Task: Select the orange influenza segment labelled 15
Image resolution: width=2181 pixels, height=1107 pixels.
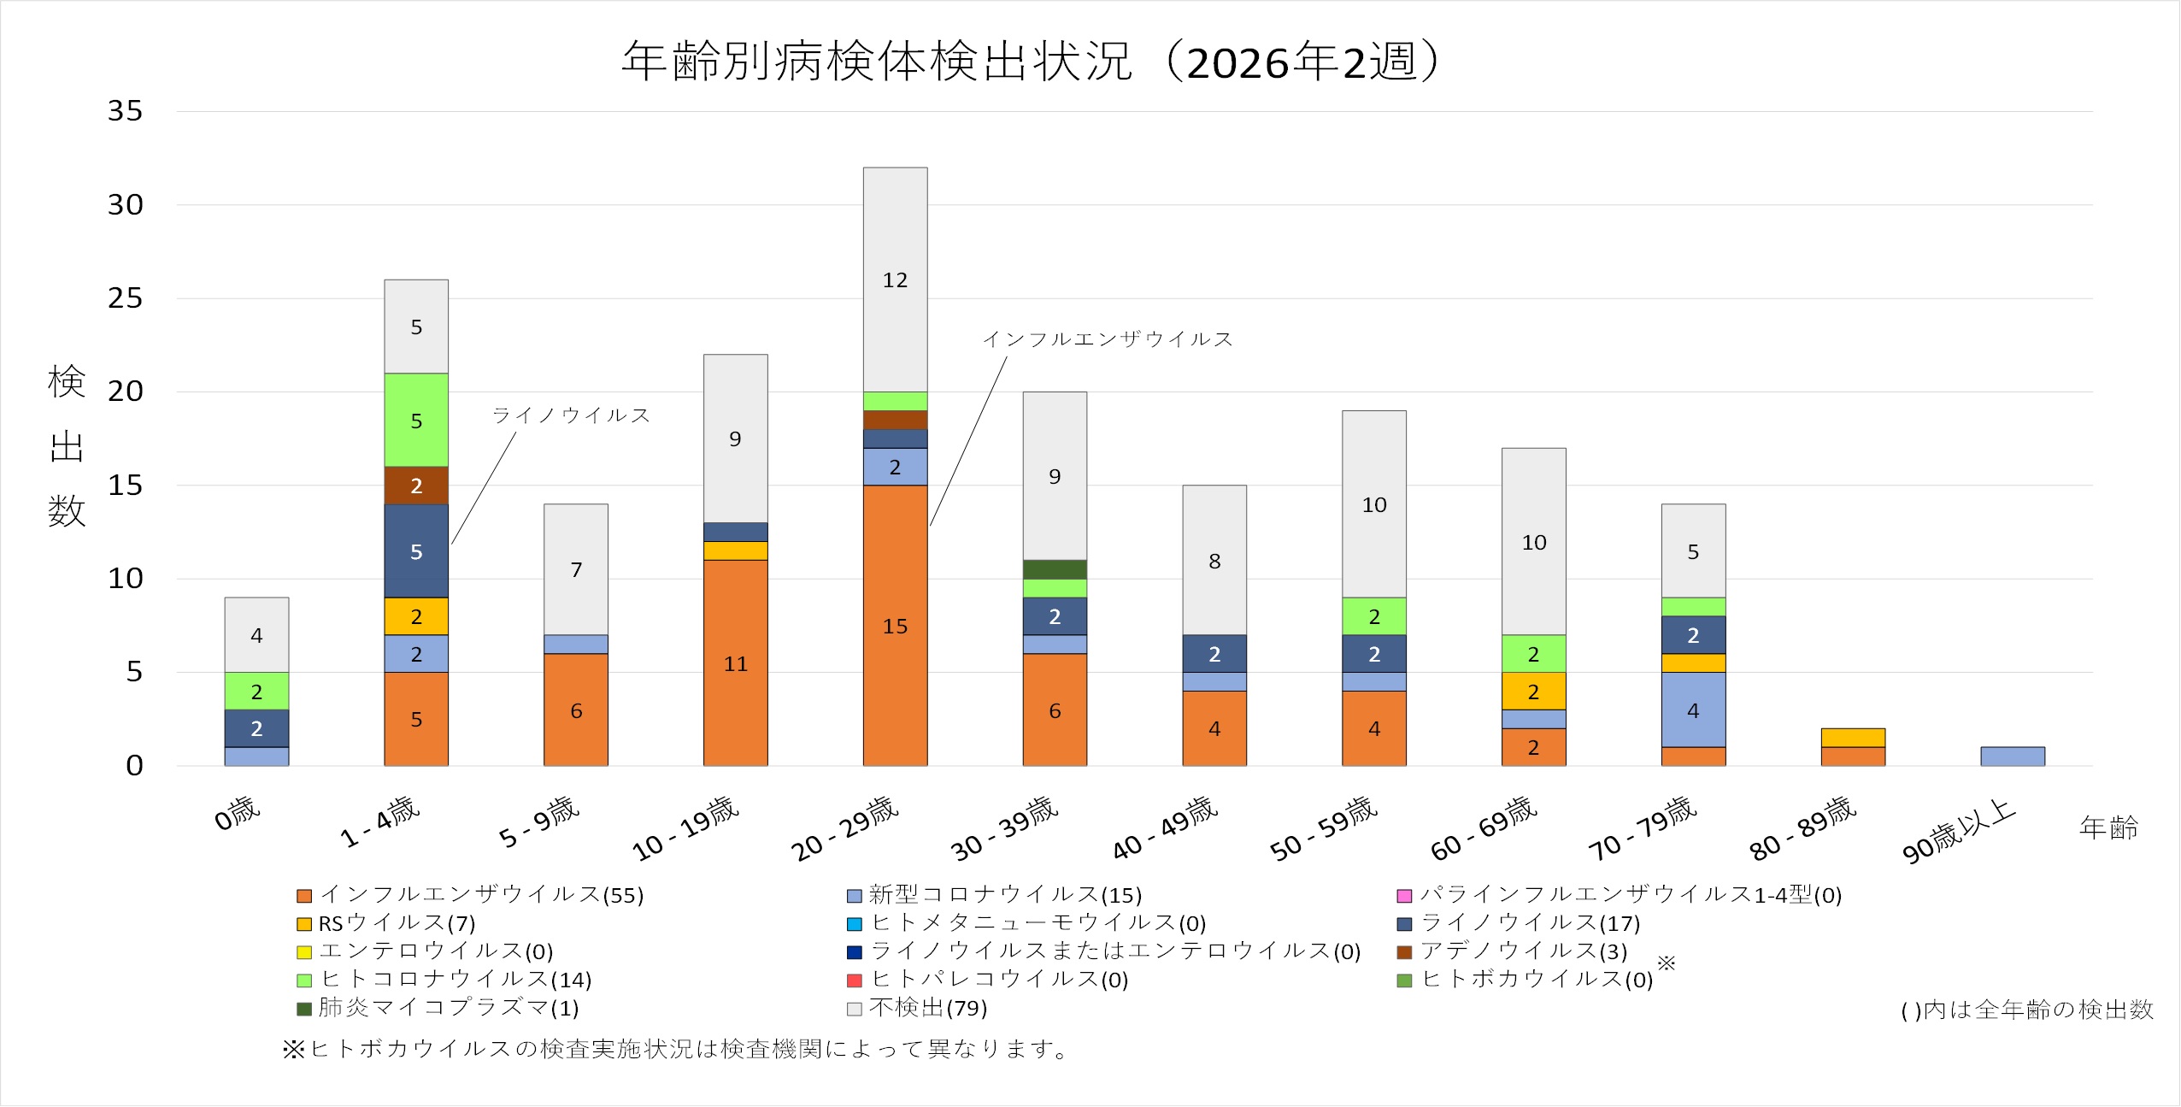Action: [895, 625]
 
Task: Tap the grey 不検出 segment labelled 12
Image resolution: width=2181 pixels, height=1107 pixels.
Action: [895, 280]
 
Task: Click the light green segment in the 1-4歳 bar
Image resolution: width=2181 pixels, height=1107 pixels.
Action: [416, 420]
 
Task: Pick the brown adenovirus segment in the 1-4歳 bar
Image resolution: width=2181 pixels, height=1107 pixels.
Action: [416, 486]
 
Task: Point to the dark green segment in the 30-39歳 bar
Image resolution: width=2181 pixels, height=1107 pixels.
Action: [1055, 569]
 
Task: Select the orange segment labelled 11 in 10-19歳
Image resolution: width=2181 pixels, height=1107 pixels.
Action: [735, 662]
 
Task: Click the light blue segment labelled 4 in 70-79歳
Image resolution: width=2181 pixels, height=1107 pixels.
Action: [1693, 710]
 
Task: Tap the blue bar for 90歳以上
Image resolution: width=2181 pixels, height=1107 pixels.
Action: [2013, 757]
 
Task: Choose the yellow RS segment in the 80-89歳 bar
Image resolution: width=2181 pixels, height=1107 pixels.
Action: [1853, 738]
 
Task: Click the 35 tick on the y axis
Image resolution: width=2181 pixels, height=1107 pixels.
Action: [125, 111]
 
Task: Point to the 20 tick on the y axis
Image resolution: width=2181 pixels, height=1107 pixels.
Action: [125, 392]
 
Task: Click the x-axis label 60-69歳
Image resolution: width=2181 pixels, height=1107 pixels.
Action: [1484, 827]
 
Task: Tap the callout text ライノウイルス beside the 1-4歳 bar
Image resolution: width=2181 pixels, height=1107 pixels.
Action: [571, 415]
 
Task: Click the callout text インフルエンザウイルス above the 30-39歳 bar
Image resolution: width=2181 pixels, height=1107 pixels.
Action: [1108, 339]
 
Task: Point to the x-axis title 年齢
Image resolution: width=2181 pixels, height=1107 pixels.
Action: [2108, 827]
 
